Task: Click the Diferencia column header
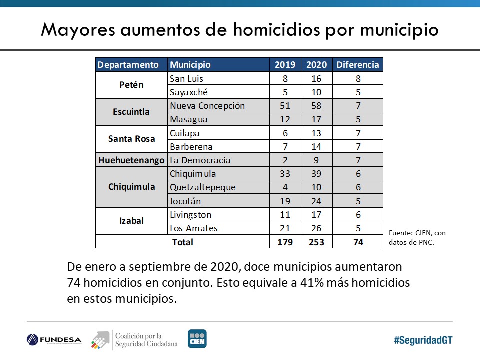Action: coord(358,65)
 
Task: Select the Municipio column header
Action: coord(190,65)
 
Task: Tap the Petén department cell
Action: coord(131,85)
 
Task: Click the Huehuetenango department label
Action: coord(131,160)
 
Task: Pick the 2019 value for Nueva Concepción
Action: coord(285,106)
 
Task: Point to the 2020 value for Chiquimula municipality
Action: coord(316,174)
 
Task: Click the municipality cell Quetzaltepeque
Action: coord(203,187)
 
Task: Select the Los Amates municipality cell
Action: coord(194,228)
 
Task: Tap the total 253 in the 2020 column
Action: coord(316,242)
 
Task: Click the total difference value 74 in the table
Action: coord(358,242)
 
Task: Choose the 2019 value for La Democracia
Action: coord(285,160)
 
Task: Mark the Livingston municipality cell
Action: coord(191,215)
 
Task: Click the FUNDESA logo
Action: coord(54,340)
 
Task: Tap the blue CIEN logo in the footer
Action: coord(197,339)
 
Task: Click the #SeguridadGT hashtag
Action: coord(423,340)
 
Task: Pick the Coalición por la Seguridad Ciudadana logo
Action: coord(135,339)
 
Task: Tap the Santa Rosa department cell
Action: coord(131,139)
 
